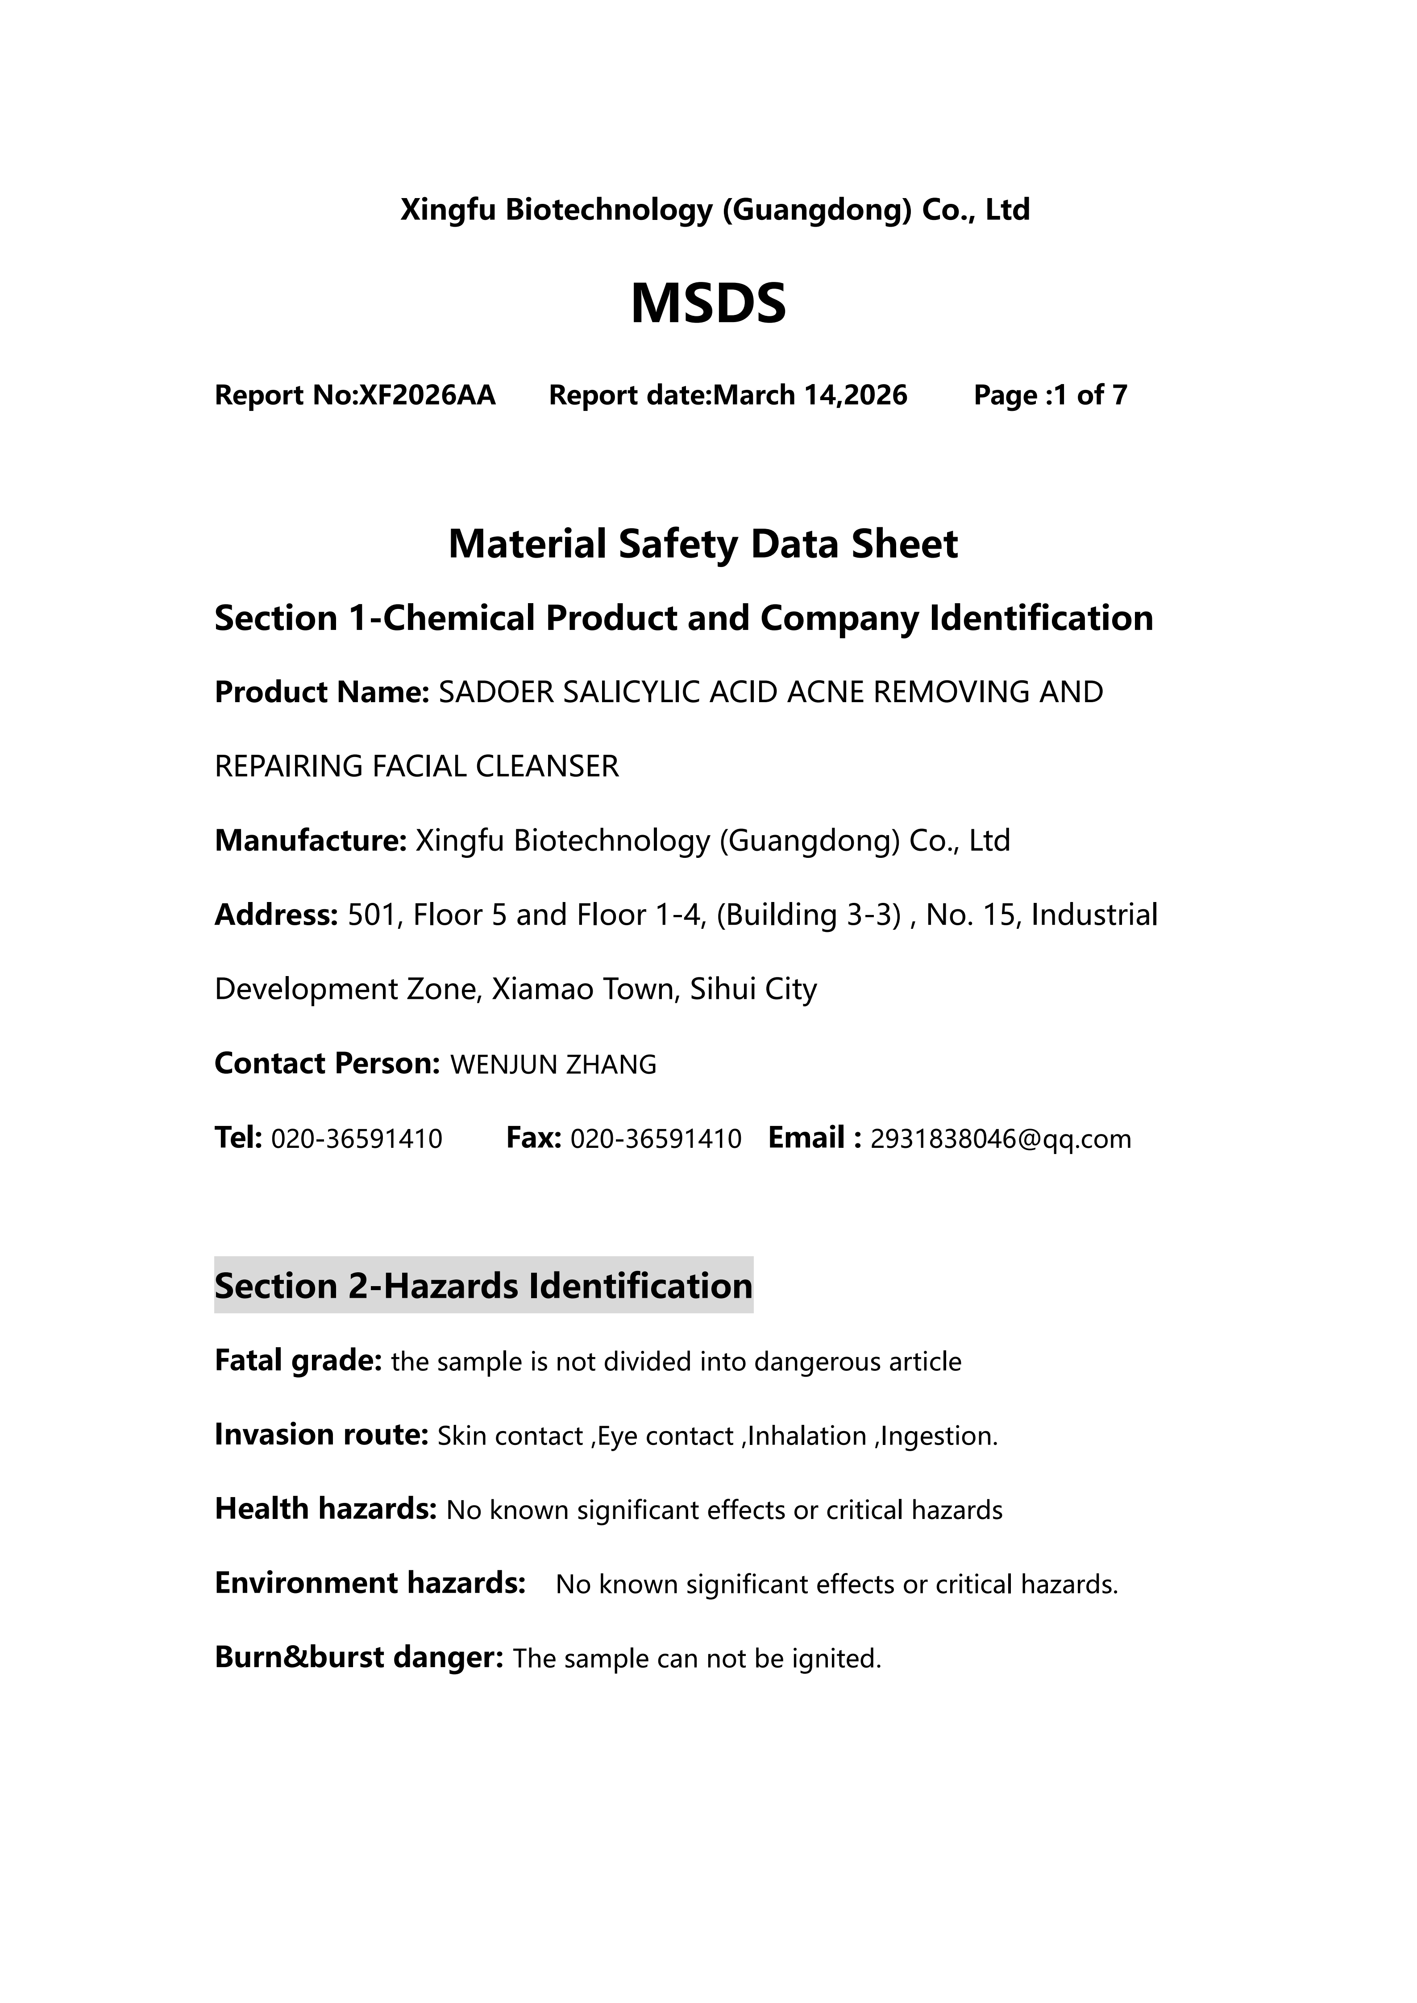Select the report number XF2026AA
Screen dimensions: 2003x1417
[428, 395]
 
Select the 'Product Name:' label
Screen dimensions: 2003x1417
[321, 692]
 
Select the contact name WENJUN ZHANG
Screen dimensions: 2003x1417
[553, 1064]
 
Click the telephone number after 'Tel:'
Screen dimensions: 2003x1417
[357, 1138]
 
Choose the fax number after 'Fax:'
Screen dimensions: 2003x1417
[655, 1138]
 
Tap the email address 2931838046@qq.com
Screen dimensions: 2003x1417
[1001, 1138]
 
